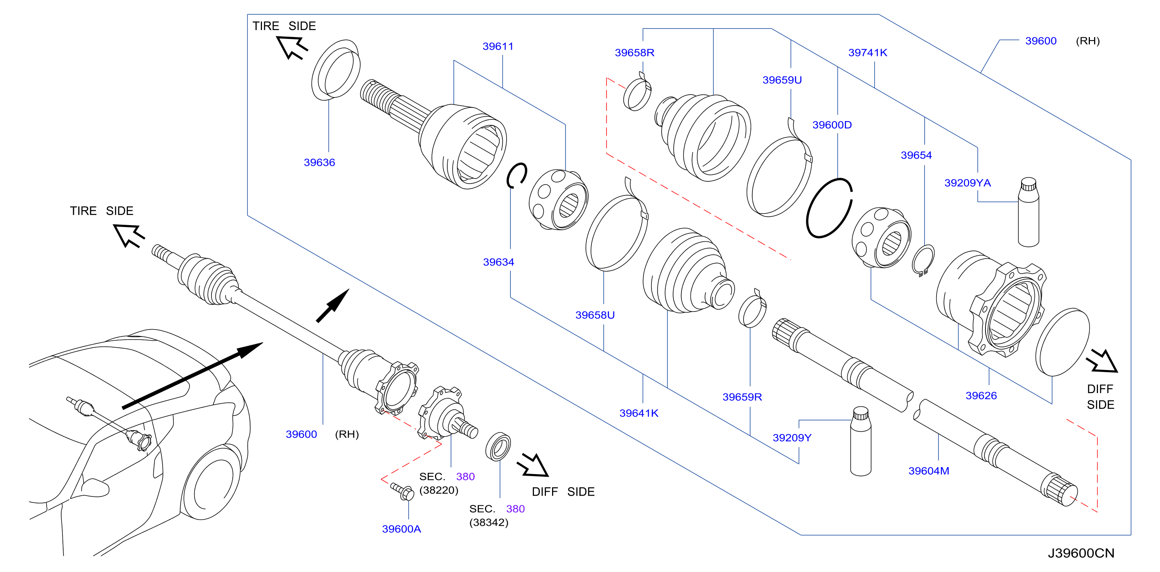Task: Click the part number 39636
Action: click(319, 163)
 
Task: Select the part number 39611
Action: click(498, 46)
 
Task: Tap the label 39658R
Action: click(635, 53)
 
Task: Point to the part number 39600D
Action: click(832, 125)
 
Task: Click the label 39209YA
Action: click(967, 183)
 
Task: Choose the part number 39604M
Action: click(928, 471)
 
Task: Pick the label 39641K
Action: click(638, 413)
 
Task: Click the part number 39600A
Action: click(401, 529)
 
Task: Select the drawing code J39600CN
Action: click(1081, 553)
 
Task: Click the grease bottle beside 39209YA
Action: click(1029, 212)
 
